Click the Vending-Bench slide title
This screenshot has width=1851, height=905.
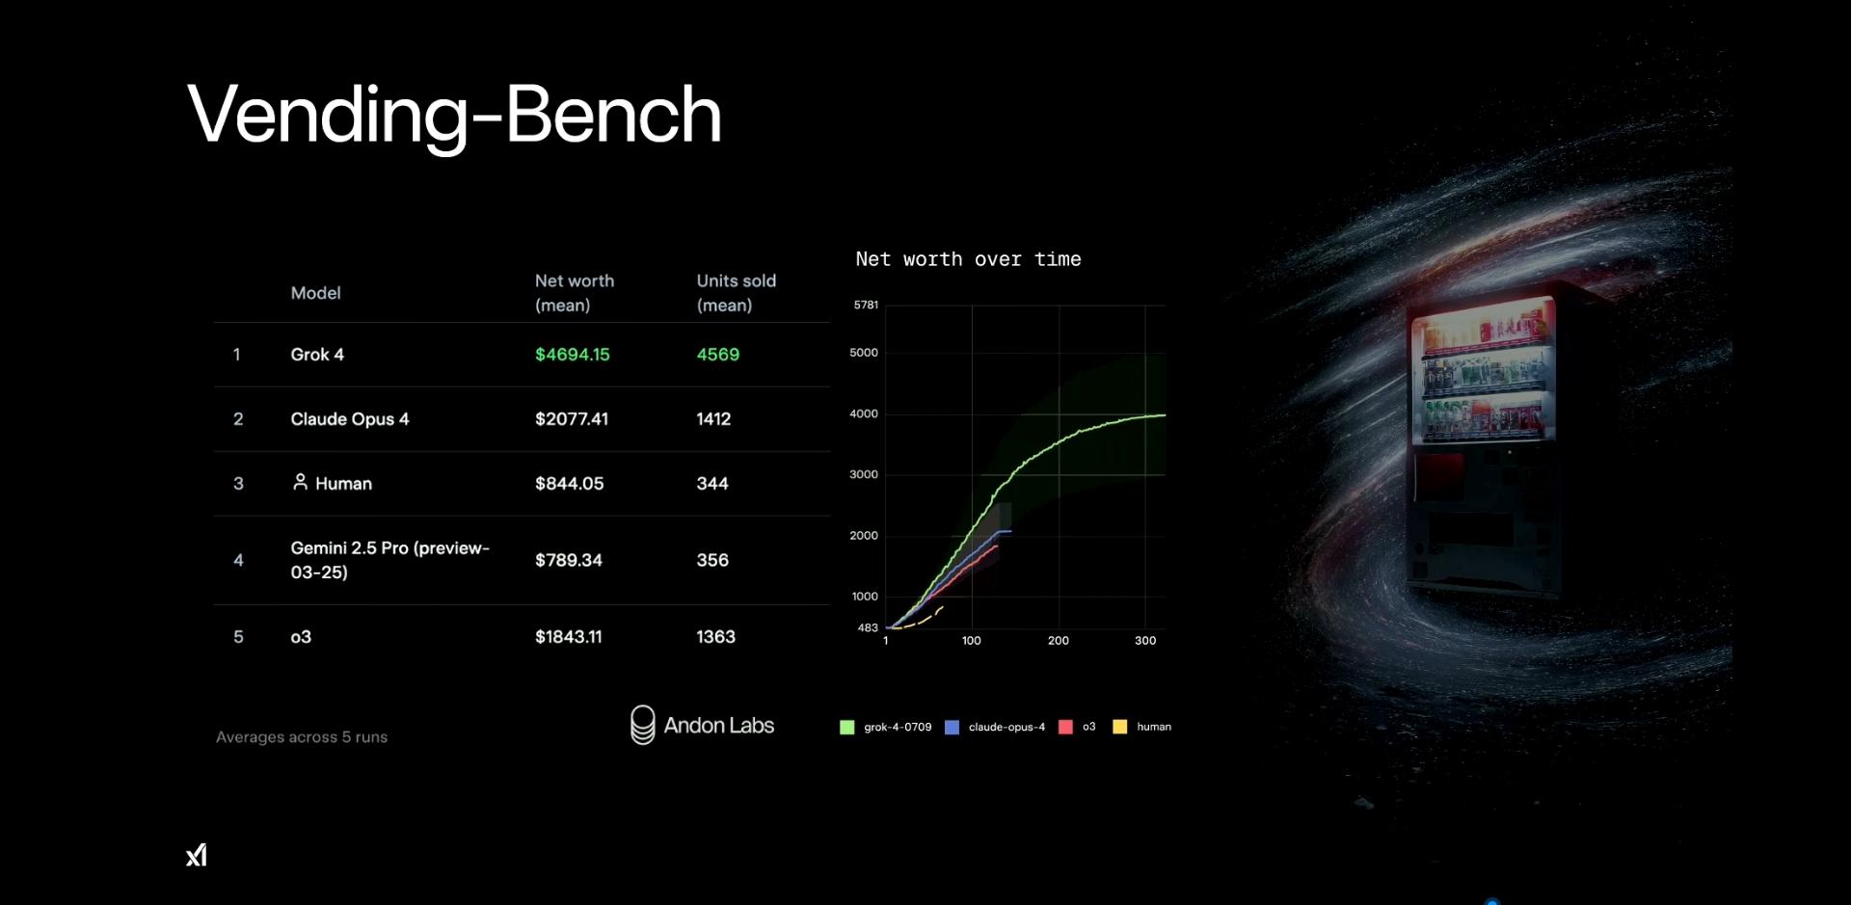click(x=454, y=115)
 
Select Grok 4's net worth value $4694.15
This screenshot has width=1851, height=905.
click(x=573, y=355)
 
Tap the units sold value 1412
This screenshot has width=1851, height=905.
click(x=713, y=419)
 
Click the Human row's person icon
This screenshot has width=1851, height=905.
click(x=300, y=482)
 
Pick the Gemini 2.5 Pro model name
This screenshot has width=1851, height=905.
click(x=390, y=560)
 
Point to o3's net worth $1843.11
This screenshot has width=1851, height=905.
click(x=569, y=637)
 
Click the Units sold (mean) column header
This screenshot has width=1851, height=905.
click(x=737, y=293)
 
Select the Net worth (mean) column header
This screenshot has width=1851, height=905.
click(x=575, y=293)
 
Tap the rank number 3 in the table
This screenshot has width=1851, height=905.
click(x=238, y=484)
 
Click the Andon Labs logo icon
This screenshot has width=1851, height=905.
click(x=642, y=725)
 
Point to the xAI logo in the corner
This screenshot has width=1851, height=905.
click(x=197, y=855)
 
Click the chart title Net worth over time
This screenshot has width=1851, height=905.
click(x=968, y=259)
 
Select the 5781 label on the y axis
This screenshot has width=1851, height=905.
click(x=866, y=306)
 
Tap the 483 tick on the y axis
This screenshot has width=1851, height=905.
click(x=868, y=628)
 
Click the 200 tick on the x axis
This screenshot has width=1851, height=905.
click(x=1059, y=641)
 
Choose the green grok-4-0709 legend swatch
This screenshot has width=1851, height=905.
click(x=847, y=728)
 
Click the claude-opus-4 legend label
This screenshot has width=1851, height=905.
click(x=1006, y=728)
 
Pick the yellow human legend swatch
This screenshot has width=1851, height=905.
click(x=1120, y=728)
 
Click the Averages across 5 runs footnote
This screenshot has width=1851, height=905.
click(x=302, y=737)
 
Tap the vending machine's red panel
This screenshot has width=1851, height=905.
click(x=1439, y=477)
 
